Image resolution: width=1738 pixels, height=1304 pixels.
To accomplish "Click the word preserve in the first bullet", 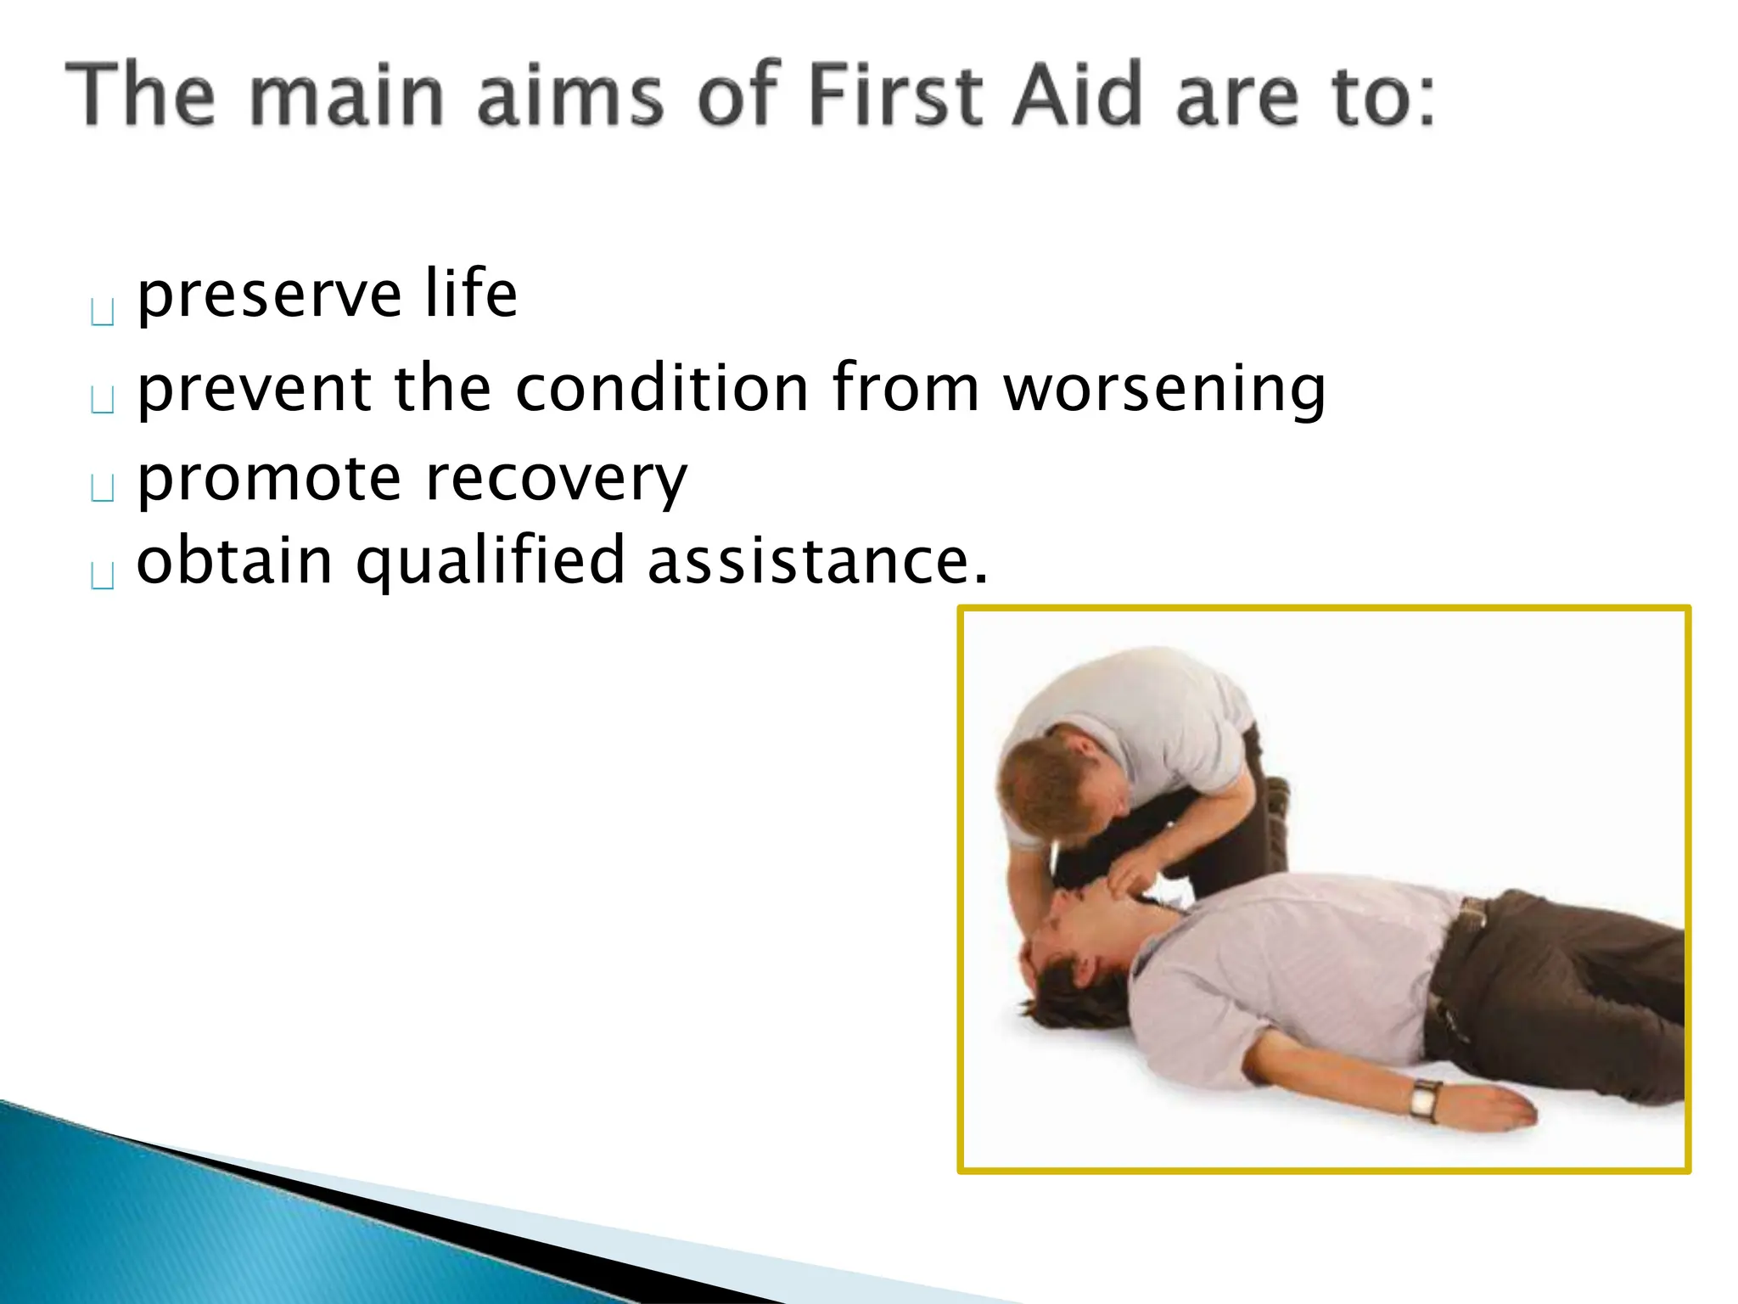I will (268, 295).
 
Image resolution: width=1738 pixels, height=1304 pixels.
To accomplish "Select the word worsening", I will (1163, 389).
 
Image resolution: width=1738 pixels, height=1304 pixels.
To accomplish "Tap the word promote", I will (268, 480).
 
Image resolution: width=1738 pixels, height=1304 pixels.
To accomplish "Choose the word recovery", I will (556, 480).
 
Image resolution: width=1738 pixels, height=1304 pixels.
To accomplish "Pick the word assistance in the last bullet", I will (817, 560).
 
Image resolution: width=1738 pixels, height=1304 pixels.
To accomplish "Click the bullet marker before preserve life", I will (103, 312).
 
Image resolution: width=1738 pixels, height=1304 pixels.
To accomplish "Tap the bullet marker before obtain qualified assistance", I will (103, 576).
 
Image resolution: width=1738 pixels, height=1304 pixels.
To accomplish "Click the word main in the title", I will (348, 95).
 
